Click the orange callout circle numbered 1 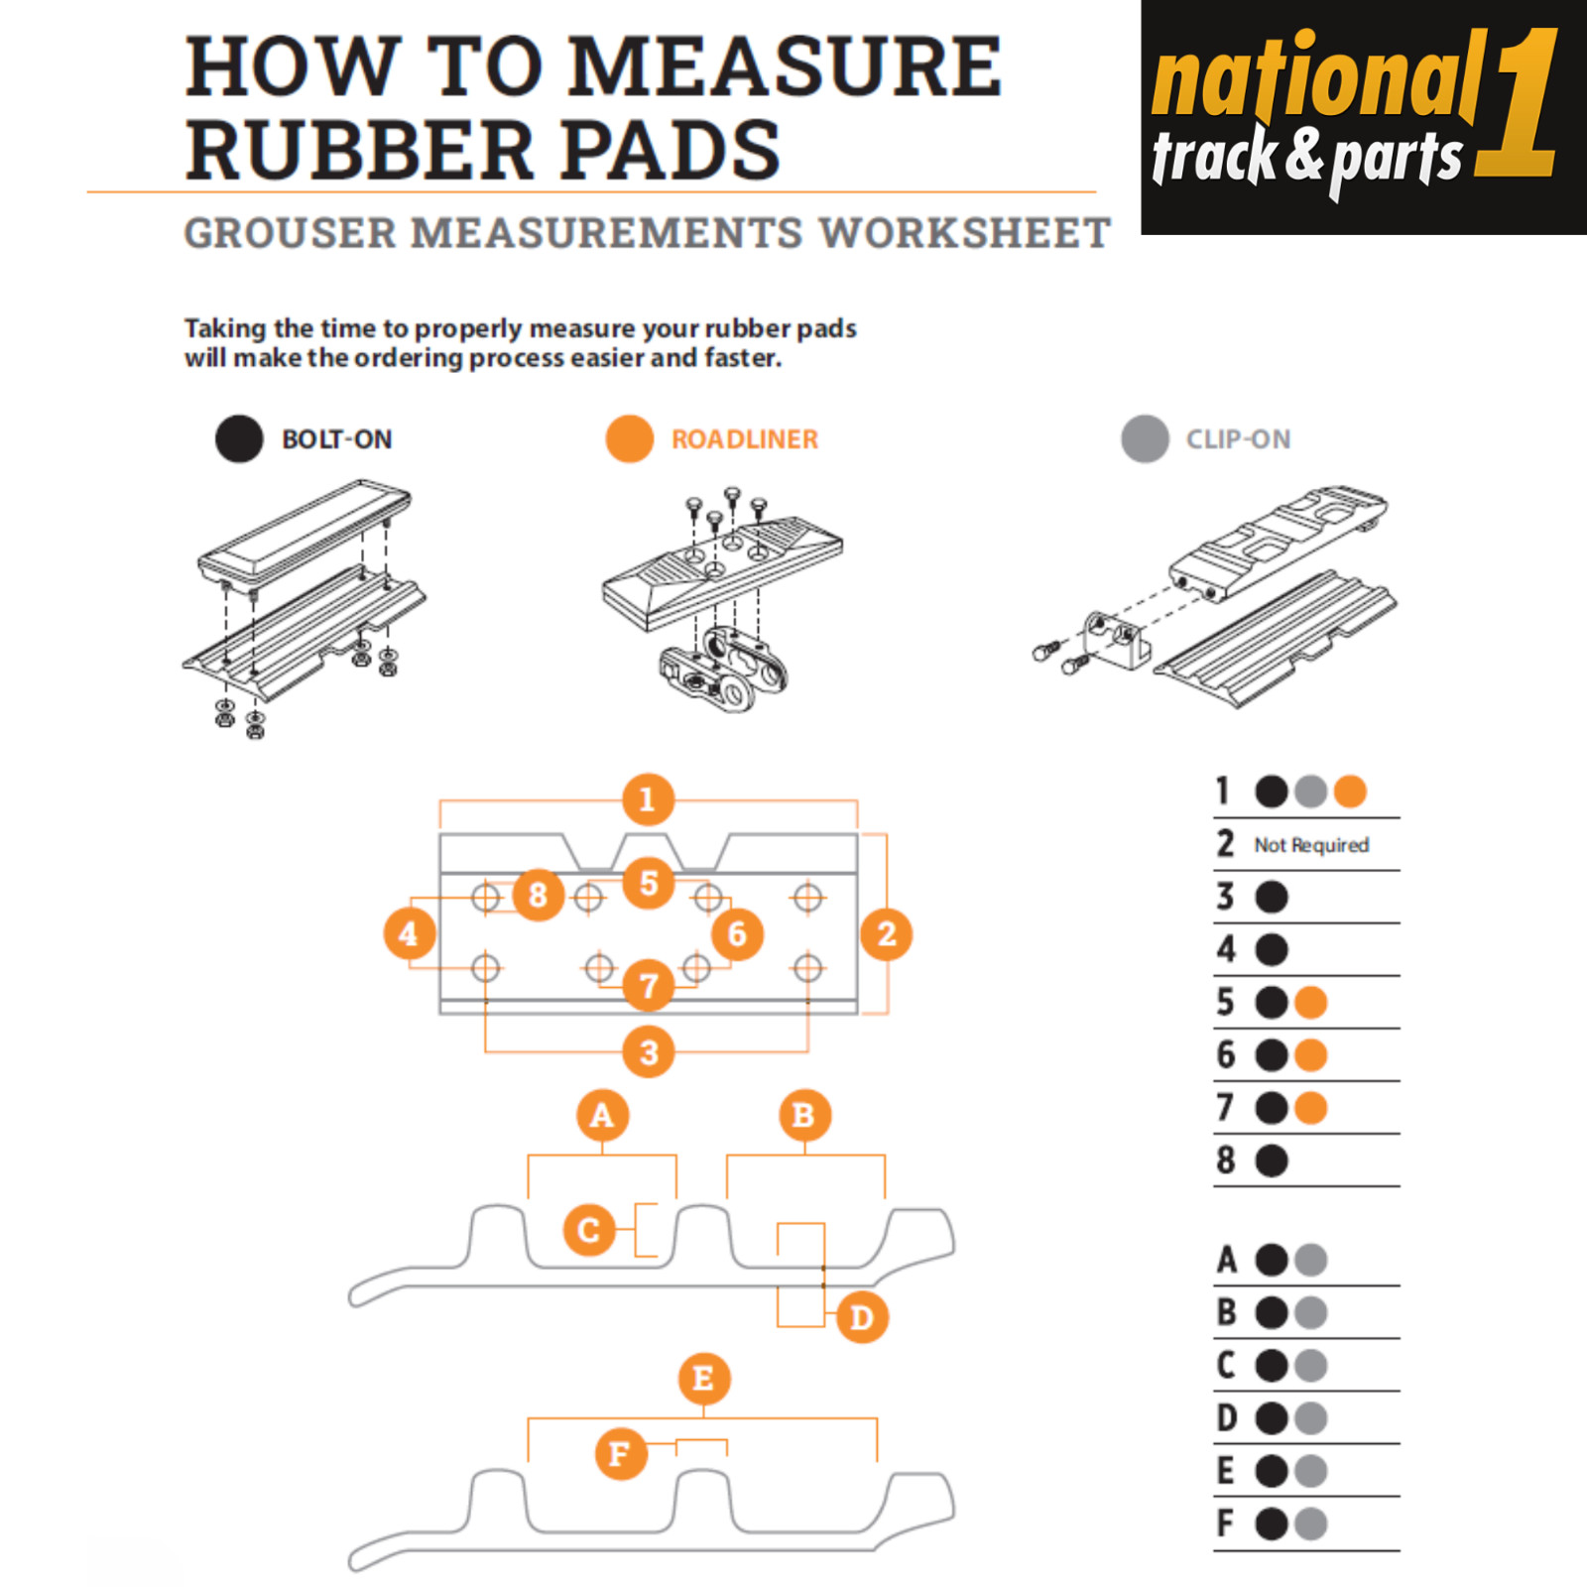[648, 799]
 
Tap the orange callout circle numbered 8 [538, 895]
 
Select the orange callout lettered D [861, 1317]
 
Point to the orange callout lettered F [621, 1454]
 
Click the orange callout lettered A [602, 1116]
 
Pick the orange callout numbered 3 [649, 1051]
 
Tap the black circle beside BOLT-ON [239, 438]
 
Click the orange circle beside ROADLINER [630, 438]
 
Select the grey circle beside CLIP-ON [1145, 438]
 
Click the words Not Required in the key [1311, 845]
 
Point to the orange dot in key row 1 [1350, 792]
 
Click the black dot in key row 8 [1272, 1160]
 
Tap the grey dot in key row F [1310, 1524]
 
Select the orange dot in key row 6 [1310, 1055]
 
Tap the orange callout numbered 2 [887, 934]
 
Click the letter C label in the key [1227, 1366]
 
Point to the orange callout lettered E [704, 1379]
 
